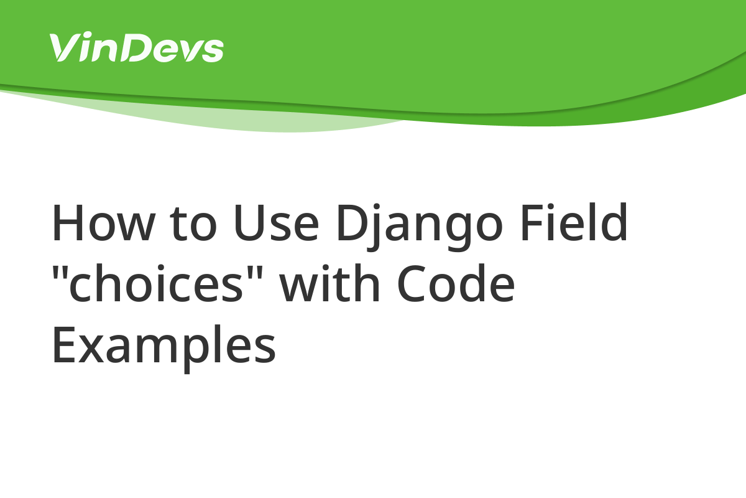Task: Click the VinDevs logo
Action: pos(137,47)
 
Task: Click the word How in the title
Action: pos(103,222)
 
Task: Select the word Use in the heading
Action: pos(276,222)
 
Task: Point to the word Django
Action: pos(420,227)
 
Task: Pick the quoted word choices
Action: pos(157,283)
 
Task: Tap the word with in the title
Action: pos(329,282)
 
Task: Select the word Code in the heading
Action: pos(456,283)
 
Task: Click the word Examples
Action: pos(164,348)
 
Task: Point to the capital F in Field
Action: pos(533,222)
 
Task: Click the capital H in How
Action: pos(68,222)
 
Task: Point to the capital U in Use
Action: pos(249,222)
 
